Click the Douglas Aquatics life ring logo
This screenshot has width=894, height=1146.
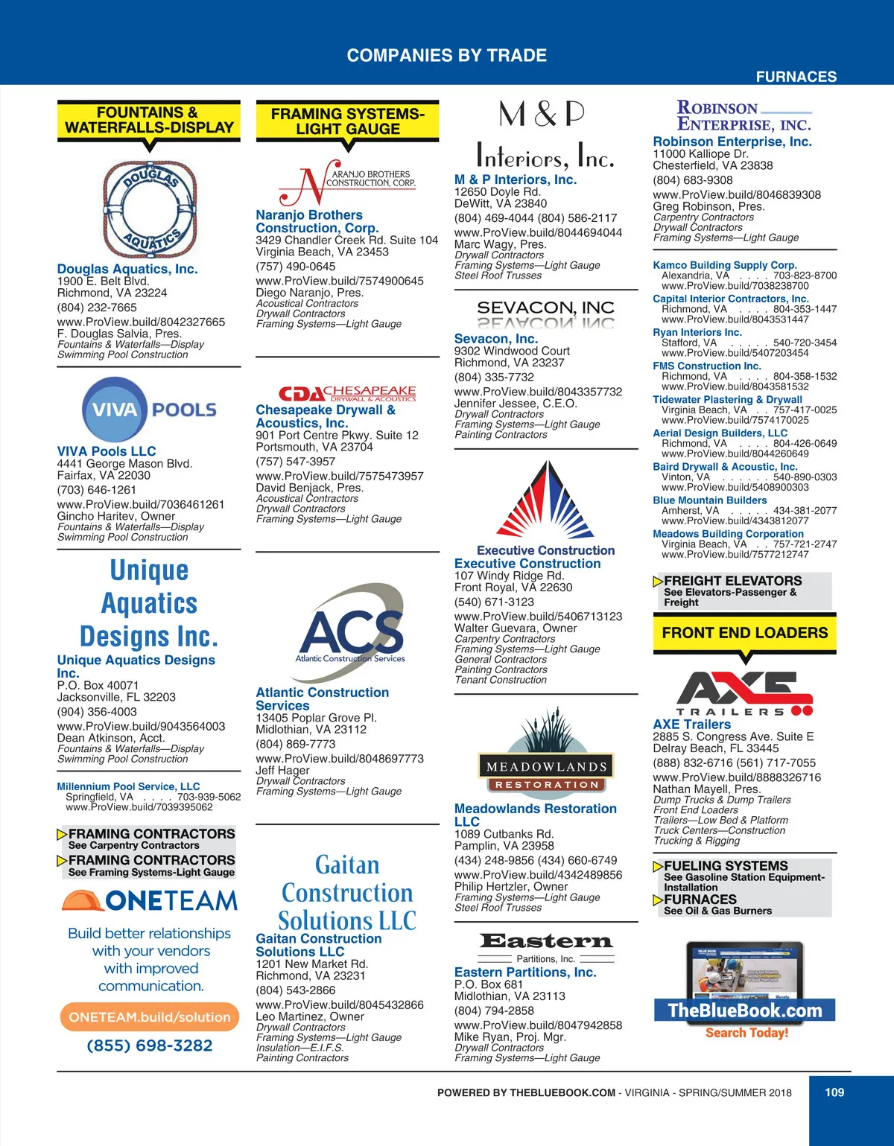[x=150, y=208]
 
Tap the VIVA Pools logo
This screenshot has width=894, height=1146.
[x=150, y=410]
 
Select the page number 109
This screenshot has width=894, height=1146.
[x=834, y=1092]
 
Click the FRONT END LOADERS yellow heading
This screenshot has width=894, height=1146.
[x=744, y=633]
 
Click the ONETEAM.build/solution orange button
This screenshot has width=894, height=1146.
[x=150, y=1017]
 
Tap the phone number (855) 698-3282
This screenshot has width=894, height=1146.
[x=150, y=1045]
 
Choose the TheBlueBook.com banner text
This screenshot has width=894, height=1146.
[x=744, y=1010]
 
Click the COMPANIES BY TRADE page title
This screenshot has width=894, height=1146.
[x=447, y=55]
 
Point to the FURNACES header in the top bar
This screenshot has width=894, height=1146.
[x=796, y=77]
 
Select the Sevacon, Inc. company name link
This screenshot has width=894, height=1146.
[x=495, y=339]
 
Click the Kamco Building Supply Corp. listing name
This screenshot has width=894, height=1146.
[x=724, y=265]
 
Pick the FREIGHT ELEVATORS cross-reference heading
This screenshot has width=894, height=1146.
[x=732, y=581]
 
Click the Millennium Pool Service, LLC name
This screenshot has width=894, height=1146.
[x=128, y=786]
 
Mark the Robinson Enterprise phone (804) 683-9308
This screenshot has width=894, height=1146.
[x=692, y=180]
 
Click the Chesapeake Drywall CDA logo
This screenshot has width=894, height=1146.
[x=347, y=393]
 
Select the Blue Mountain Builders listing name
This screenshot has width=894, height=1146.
[x=709, y=500]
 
